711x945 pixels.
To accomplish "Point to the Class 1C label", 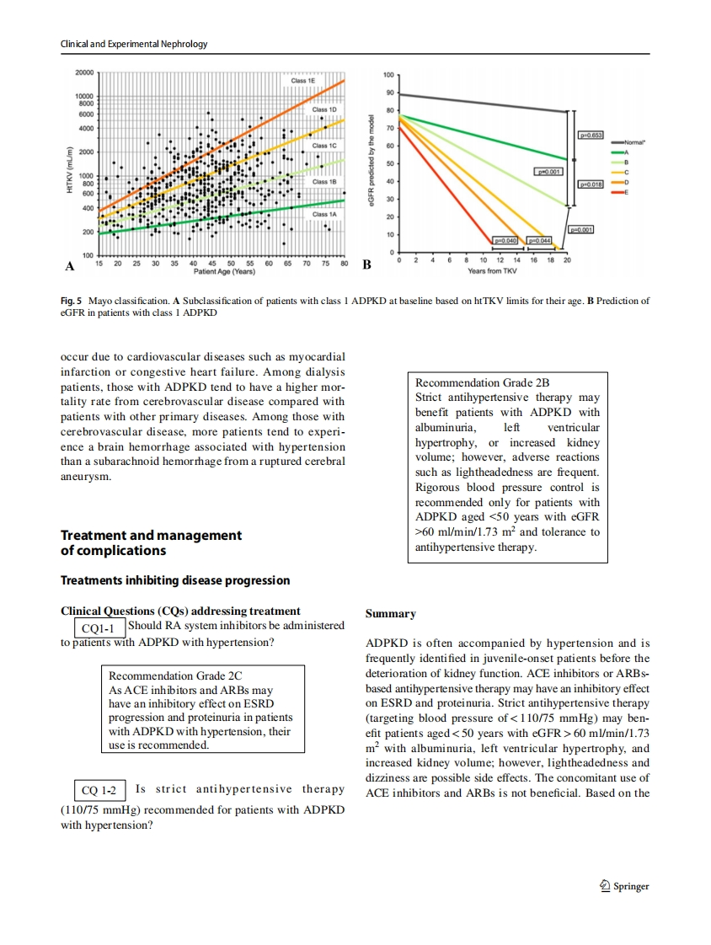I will click(323, 146).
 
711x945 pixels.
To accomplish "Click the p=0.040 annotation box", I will click(508, 241).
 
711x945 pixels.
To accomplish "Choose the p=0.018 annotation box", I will click(591, 183).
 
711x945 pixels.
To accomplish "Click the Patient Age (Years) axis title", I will click(224, 272).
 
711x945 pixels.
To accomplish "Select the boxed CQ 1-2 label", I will click(99, 790).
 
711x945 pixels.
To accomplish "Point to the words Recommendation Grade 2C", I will click(175, 675).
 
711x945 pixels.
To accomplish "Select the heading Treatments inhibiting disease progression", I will click(175, 580).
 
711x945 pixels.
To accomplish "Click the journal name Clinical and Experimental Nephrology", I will click(134, 44).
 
